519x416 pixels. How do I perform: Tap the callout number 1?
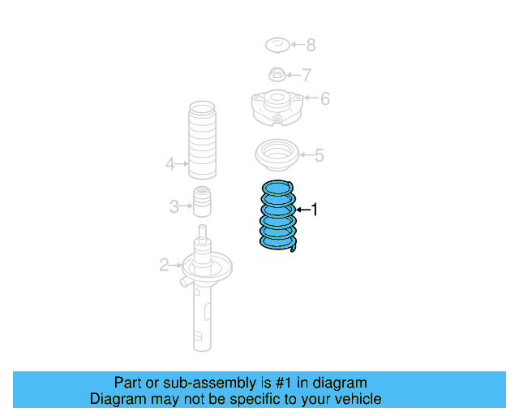point(315,210)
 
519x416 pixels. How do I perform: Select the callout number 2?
point(164,265)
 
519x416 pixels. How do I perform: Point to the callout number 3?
point(174,206)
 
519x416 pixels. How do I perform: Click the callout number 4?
point(170,164)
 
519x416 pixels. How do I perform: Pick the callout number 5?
point(319,154)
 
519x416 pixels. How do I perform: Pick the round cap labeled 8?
point(277,45)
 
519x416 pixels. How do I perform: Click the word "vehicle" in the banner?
point(357,399)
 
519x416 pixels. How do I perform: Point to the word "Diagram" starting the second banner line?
point(118,399)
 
